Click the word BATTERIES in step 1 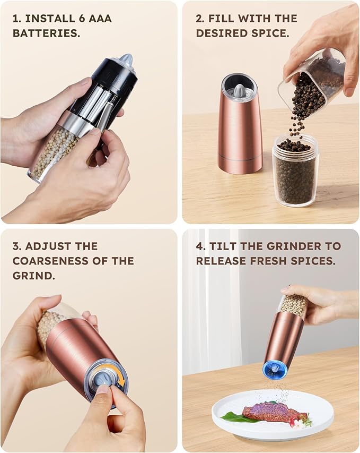(46, 33)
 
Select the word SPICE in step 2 (272, 33)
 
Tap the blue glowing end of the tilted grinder (275, 369)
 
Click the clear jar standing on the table (295, 169)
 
